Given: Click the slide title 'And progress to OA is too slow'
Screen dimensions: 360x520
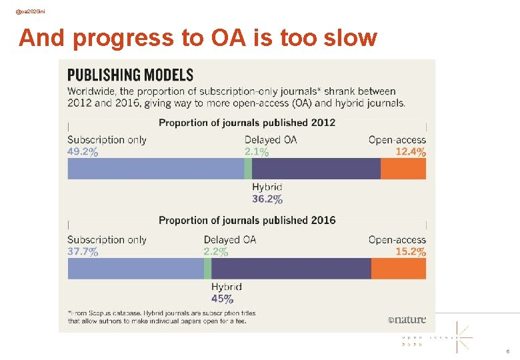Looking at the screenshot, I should coord(198,38).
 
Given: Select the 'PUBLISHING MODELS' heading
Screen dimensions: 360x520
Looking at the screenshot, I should coord(130,75).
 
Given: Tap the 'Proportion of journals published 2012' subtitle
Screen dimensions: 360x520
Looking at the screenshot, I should coord(247,123).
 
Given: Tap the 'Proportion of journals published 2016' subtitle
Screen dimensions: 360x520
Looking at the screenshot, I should coord(247,220).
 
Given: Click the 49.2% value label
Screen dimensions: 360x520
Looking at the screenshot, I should coord(83,152).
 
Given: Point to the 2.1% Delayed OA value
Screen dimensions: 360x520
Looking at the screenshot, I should coord(257,152).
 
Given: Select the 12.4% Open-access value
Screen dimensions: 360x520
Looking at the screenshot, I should coord(411,152).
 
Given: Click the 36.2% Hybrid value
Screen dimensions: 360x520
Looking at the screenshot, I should coord(267,199).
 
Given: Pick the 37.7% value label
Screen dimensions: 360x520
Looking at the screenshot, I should coord(83,251).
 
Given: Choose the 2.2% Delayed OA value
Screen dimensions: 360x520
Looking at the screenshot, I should coord(216,251).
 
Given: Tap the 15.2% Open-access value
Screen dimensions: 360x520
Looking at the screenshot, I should coord(411,251).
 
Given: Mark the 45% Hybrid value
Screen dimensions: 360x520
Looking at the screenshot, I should coord(222,299).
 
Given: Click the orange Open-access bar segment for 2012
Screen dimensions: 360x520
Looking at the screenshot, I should coord(403,169).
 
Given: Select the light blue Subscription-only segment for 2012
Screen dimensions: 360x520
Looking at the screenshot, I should coord(155,169).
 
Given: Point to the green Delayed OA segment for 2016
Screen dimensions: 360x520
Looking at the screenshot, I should coord(207,268).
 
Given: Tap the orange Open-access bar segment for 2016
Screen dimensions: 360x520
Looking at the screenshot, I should coord(398,268).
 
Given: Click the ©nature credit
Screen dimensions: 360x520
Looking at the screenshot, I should coord(407,319).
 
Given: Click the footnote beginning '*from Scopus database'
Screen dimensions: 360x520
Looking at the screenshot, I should coord(161,317).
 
